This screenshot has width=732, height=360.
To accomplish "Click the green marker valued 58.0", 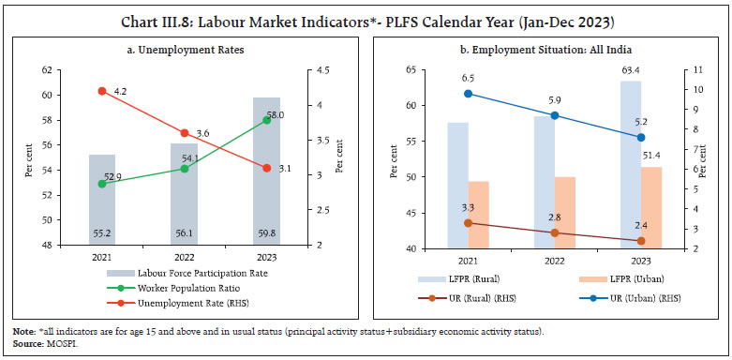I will pos(266,120).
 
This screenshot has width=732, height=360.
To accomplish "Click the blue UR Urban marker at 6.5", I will pos(469,94).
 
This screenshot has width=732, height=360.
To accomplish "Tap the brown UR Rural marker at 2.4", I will pos(640,241).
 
